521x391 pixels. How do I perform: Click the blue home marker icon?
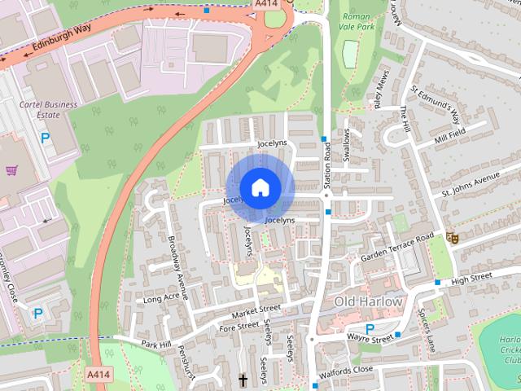click(260, 188)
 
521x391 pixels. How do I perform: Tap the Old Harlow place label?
click(368, 302)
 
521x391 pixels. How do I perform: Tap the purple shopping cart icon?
click(11, 171)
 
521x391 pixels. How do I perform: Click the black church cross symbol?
click(242, 380)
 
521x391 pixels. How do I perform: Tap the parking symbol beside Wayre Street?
click(370, 330)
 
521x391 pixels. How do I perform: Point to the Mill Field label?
click(449, 135)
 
